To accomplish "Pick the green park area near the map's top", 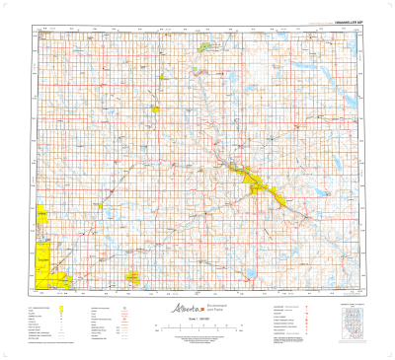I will coord(205,46).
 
